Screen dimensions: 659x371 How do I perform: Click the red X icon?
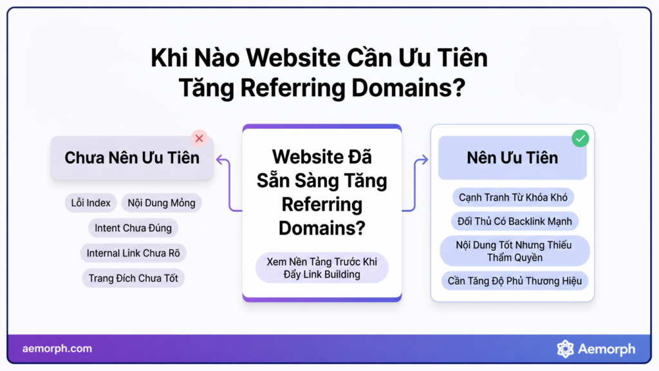[x=200, y=138]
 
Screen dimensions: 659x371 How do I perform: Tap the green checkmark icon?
[x=580, y=138]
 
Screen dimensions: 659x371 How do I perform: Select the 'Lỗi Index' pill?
[x=91, y=203]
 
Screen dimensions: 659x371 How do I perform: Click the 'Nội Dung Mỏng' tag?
[x=162, y=203]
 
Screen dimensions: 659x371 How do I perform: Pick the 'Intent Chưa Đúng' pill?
[x=133, y=228]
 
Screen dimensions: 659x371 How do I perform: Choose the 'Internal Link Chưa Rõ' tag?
[x=133, y=253]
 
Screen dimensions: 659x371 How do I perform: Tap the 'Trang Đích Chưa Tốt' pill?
[x=133, y=278]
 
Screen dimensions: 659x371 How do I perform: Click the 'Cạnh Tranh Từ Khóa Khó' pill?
[x=513, y=197]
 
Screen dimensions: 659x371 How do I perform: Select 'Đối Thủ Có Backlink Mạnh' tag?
[x=514, y=222]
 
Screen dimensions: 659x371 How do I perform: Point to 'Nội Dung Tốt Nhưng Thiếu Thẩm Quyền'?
[x=514, y=251]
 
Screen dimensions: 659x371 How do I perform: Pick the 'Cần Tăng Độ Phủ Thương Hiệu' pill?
[x=514, y=281]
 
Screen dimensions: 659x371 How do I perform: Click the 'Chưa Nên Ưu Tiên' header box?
[x=132, y=158]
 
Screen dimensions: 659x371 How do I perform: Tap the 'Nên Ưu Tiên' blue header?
[x=512, y=158]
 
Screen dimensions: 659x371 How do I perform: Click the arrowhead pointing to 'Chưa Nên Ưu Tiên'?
[x=219, y=160]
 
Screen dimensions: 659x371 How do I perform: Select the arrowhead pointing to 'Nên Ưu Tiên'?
[x=425, y=160]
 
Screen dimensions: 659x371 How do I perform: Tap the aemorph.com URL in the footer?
[x=57, y=348]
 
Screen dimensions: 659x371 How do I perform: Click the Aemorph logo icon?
[x=565, y=348]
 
